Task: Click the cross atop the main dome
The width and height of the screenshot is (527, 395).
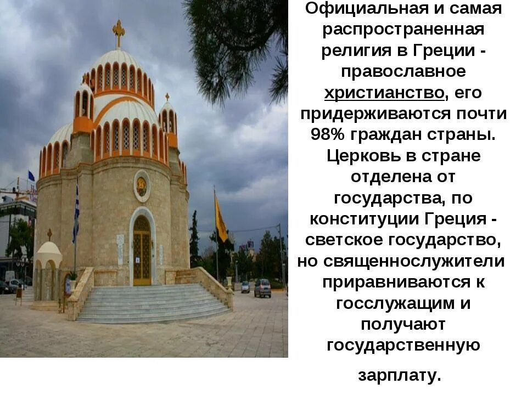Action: (x=119, y=33)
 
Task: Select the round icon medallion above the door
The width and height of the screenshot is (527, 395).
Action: (x=142, y=186)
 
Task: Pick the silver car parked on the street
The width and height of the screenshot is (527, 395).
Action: (x=262, y=287)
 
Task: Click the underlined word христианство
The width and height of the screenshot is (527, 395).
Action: (x=384, y=93)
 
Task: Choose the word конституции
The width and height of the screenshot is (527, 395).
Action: (x=364, y=219)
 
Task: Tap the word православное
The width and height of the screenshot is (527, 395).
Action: (x=403, y=72)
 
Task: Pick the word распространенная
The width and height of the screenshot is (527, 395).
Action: (x=403, y=30)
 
